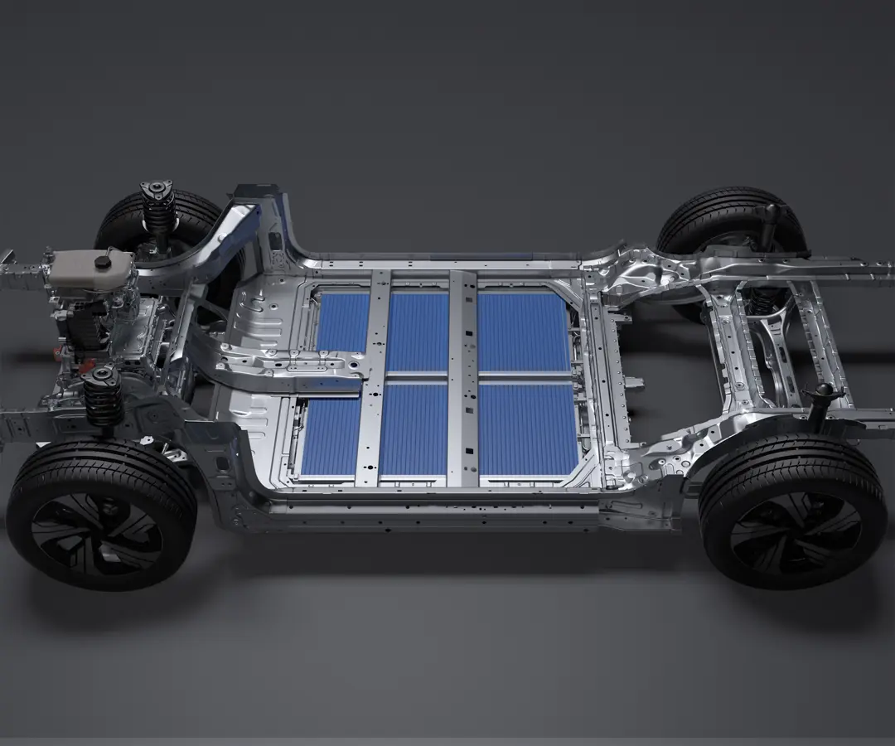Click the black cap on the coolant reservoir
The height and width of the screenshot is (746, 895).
[103, 262]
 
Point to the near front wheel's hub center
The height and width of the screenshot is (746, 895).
[98, 523]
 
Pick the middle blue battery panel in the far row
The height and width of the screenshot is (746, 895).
[418, 332]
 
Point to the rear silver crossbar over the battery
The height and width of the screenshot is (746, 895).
[463, 377]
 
